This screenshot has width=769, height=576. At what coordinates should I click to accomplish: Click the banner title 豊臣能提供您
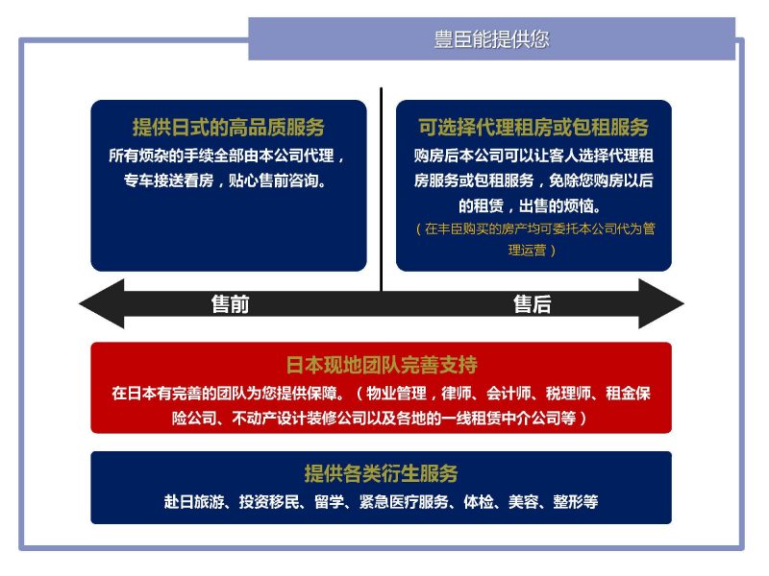click(x=491, y=39)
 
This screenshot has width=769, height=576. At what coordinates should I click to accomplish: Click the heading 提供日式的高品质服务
click(x=229, y=128)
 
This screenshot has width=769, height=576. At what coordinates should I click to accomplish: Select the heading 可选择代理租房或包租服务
click(x=533, y=128)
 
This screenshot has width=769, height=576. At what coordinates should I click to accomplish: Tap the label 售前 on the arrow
click(x=230, y=304)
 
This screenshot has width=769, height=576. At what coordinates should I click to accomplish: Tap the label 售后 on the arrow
click(x=533, y=304)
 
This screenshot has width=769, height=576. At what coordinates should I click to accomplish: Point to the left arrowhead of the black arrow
click(x=102, y=304)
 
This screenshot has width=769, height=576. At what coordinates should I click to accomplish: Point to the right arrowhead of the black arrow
click(x=661, y=304)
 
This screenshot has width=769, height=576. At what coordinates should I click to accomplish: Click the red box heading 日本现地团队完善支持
click(x=381, y=365)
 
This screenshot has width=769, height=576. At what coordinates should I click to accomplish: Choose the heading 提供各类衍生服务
click(x=381, y=473)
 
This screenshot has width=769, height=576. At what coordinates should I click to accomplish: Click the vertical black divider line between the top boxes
click(x=381, y=189)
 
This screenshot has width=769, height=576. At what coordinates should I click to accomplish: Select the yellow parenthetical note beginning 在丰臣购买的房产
click(x=535, y=239)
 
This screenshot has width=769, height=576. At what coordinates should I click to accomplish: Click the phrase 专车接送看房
click(x=169, y=180)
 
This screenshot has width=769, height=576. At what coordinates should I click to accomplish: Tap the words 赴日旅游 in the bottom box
click(x=194, y=502)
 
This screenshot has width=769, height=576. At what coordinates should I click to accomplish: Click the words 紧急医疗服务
click(x=404, y=502)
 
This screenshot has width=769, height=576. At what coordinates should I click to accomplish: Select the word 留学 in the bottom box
click(x=329, y=502)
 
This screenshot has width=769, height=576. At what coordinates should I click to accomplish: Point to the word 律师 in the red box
click(x=456, y=394)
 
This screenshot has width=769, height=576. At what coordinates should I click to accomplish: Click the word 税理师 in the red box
click(x=568, y=394)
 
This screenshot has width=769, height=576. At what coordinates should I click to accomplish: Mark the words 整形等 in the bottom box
click(x=575, y=502)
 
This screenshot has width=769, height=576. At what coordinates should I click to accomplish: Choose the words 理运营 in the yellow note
click(x=527, y=251)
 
